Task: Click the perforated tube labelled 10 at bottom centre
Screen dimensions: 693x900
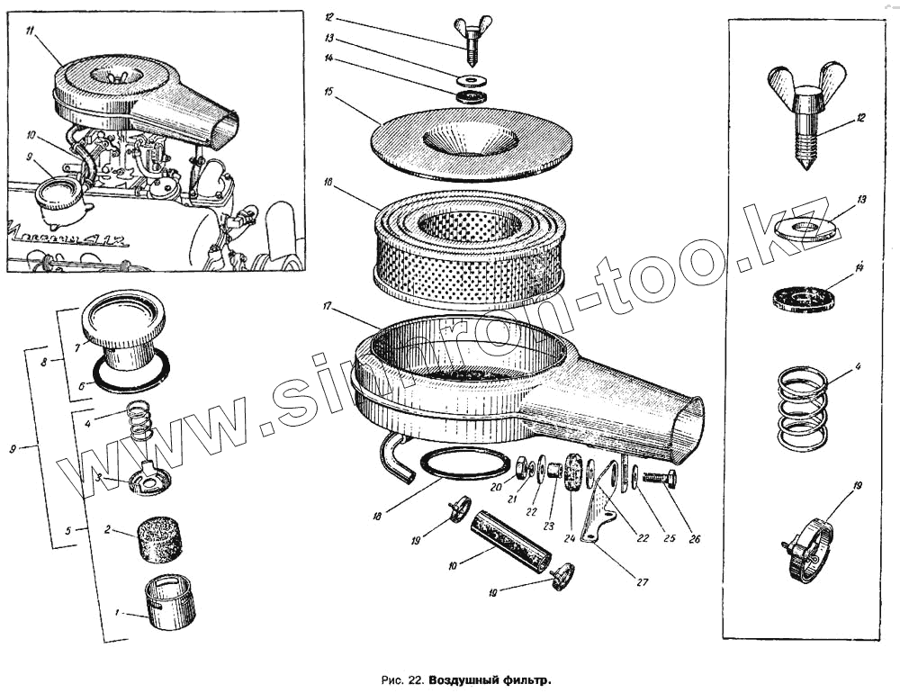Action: coord(510,540)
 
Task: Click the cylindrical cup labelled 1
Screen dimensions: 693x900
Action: coord(170,600)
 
